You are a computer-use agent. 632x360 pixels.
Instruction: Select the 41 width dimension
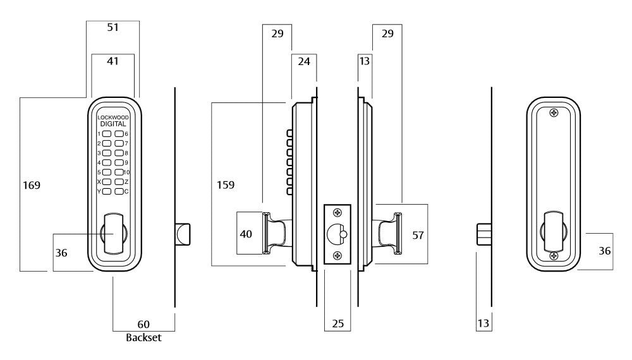coord(112,61)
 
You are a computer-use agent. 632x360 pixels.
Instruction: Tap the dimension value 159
coord(224,186)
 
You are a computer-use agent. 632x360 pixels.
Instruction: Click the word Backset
coord(143,337)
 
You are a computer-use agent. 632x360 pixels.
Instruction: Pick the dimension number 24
coord(303,62)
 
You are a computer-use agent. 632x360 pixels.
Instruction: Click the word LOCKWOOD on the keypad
coord(112,117)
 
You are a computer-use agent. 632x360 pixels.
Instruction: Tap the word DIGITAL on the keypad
coord(112,124)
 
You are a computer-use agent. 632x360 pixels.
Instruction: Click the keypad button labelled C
coord(119,191)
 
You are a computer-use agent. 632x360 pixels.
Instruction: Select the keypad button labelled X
coord(107,182)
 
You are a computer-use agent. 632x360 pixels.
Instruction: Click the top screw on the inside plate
coord(554,113)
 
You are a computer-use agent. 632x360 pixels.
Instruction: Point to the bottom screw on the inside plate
coord(554,256)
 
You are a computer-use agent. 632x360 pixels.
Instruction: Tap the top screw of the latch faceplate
coord(337,213)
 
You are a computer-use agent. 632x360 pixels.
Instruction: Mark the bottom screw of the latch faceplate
coord(337,255)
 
